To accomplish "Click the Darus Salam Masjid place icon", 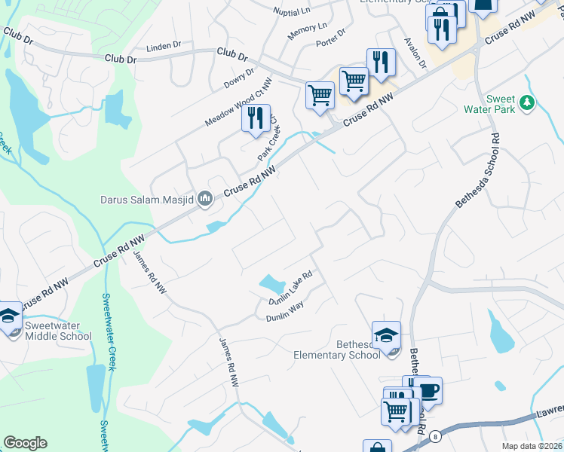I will click(x=206, y=199).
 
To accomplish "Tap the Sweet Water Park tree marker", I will click(x=529, y=102).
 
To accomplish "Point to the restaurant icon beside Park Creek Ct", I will click(x=256, y=118).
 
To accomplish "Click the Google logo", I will click(x=25, y=443).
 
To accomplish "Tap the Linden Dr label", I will click(x=164, y=45).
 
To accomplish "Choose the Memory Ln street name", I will click(x=307, y=31).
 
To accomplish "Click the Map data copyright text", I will click(x=532, y=446).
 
